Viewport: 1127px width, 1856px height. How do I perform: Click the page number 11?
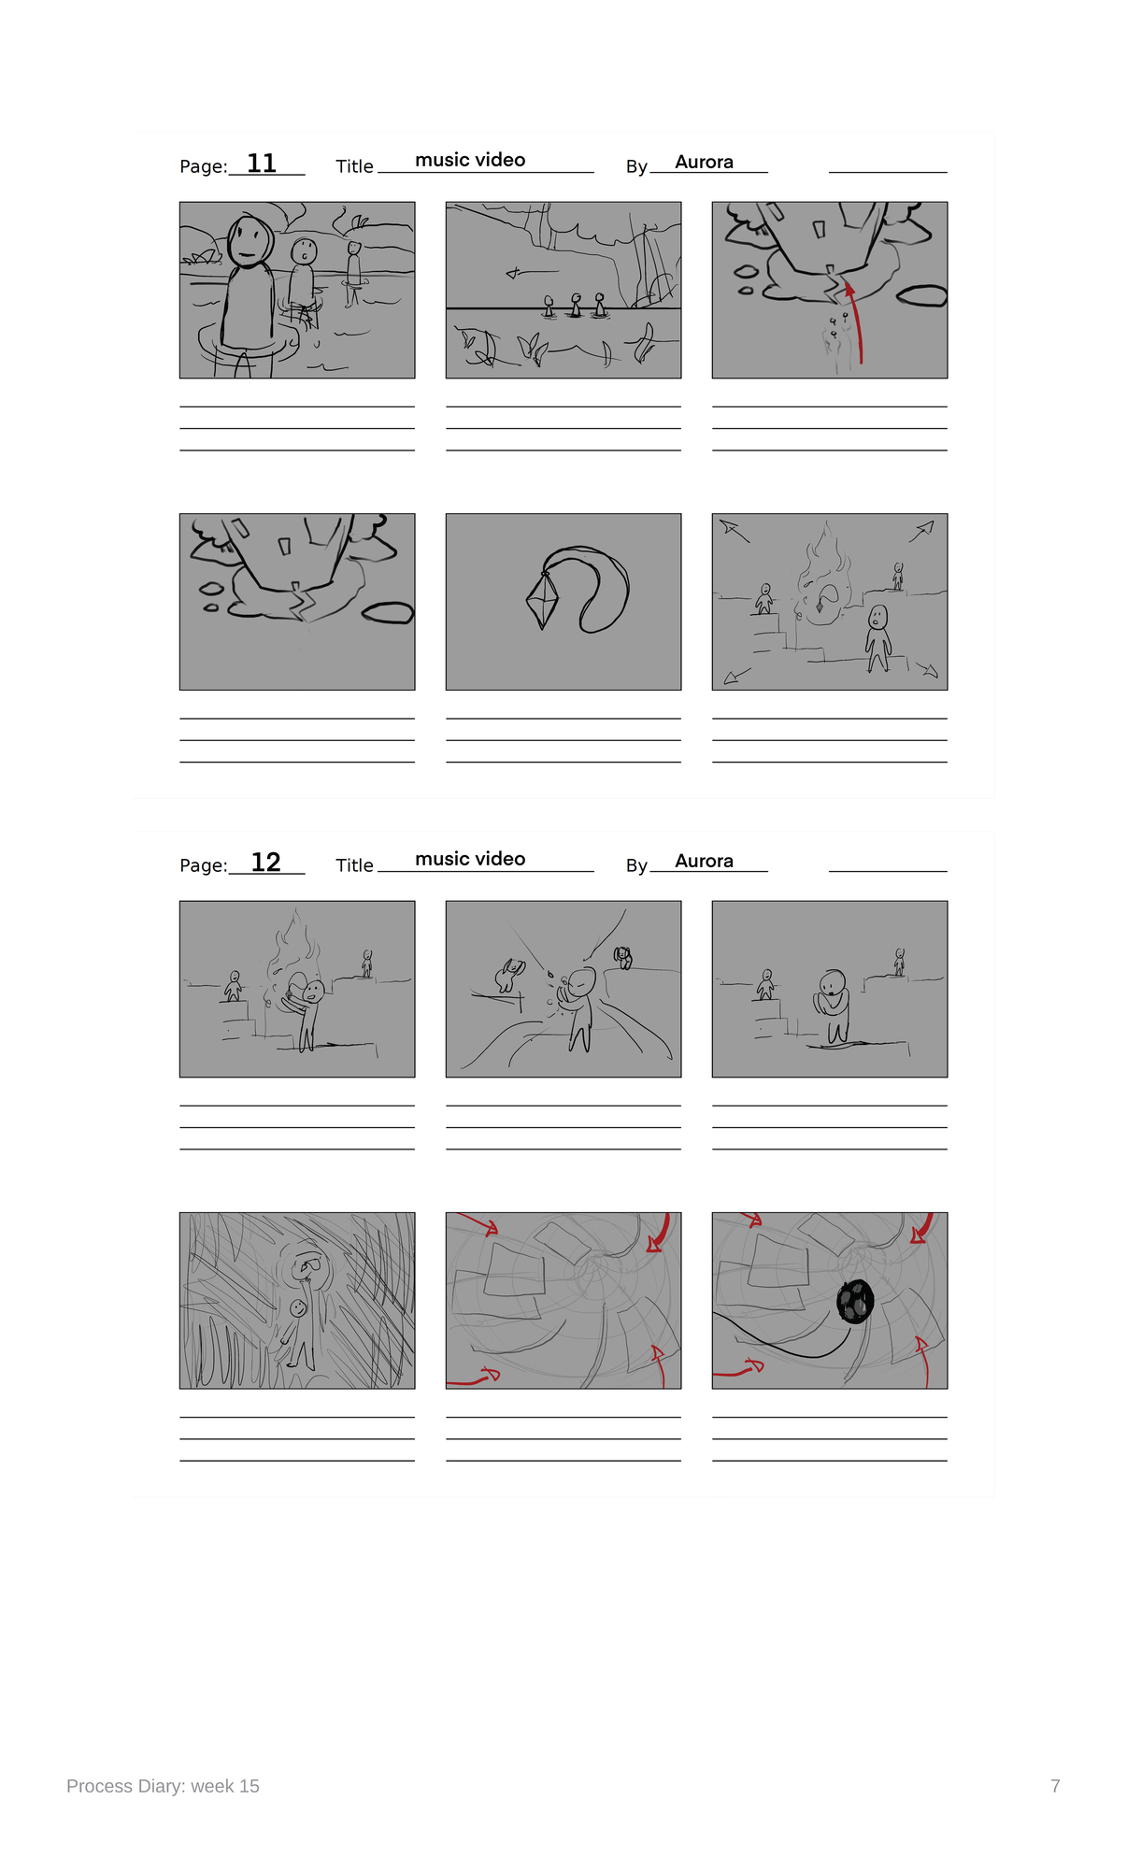pyautogui.click(x=262, y=164)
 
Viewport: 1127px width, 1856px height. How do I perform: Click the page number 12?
pyautogui.click(x=266, y=862)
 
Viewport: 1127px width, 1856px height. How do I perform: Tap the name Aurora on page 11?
pyautogui.click(x=704, y=162)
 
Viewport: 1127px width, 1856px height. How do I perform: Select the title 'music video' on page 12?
pyautogui.click(x=470, y=859)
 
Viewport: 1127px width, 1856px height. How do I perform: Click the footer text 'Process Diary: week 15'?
pyautogui.click(x=163, y=1786)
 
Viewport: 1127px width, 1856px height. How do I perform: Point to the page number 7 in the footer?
pyautogui.click(x=1055, y=1786)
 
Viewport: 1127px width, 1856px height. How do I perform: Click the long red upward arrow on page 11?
pyautogui.click(x=857, y=322)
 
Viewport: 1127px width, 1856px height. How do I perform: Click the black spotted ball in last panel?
pyautogui.click(x=854, y=1300)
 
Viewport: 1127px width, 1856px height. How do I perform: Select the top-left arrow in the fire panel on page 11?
pyautogui.click(x=735, y=531)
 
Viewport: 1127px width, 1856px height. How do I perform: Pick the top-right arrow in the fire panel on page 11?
pyautogui.click(x=921, y=531)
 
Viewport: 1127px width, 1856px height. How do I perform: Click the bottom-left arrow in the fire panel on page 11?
pyautogui.click(x=737, y=676)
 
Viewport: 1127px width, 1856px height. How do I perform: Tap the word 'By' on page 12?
pyautogui.click(x=636, y=865)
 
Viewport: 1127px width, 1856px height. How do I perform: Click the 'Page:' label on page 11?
pyautogui.click(x=204, y=166)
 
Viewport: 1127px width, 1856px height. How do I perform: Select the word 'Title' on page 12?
pyautogui.click(x=354, y=865)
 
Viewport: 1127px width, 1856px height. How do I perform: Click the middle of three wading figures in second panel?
pyautogui.click(x=576, y=306)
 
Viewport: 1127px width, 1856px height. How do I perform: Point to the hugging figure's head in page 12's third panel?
pyautogui.click(x=832, y=982)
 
